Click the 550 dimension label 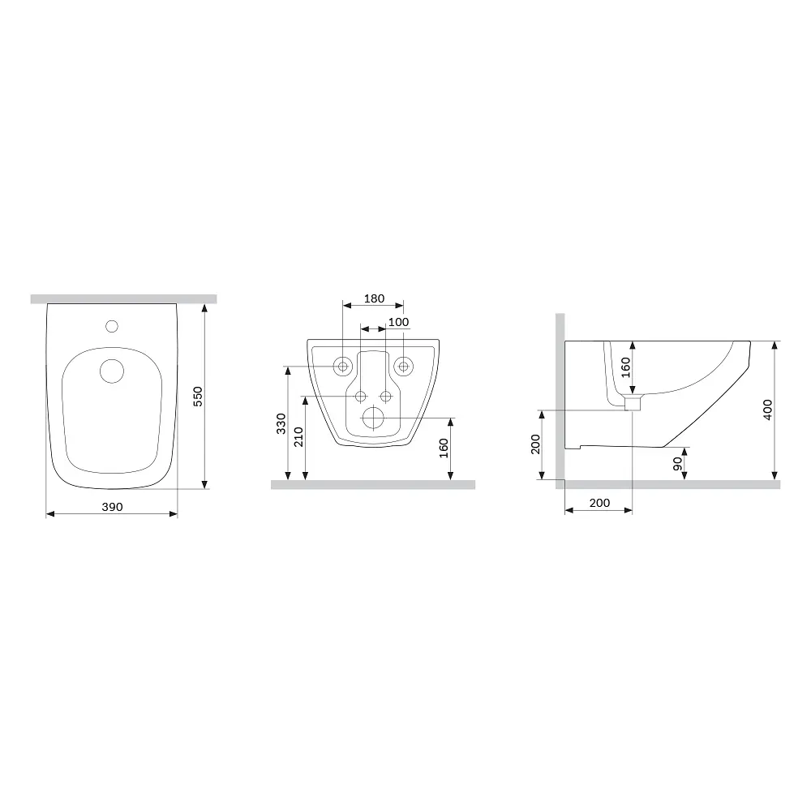point(198,397)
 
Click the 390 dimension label point(112,507)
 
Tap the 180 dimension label point(374,298)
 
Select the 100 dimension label point(398,322)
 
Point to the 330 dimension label point(281,423)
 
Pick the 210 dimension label point(298,437)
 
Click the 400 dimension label point(767,410)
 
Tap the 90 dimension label point(677,464)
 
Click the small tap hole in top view point(112,326)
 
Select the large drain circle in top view point(112,371)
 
